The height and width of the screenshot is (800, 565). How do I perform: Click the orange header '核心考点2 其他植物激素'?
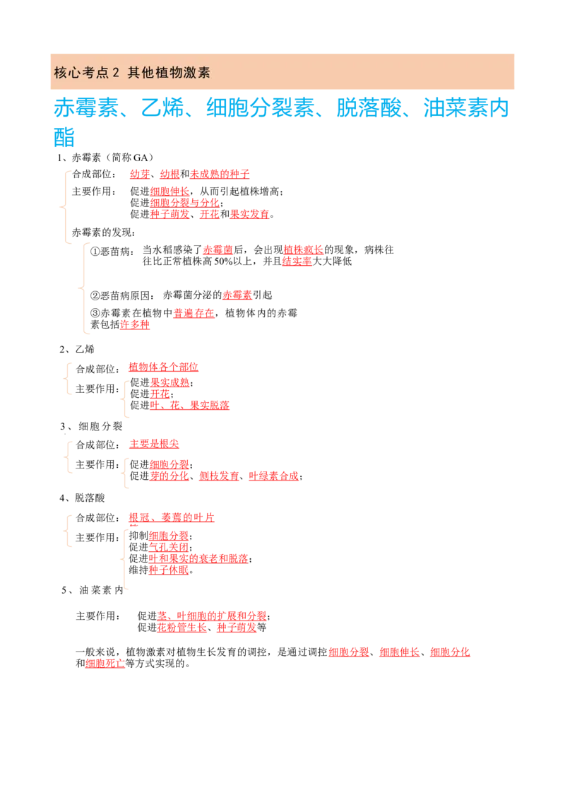tap(132, 73)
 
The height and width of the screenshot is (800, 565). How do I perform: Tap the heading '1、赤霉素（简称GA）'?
tap(105, 158)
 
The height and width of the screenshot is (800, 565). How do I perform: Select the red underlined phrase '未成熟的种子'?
tap(220, 175)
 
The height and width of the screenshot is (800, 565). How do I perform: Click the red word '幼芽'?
tap(140, 175)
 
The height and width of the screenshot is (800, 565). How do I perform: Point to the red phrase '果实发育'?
tap(250, 214)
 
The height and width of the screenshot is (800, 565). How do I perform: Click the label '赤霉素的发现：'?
tap(104, 233)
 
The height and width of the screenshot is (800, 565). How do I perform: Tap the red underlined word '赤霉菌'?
tap(218, 250)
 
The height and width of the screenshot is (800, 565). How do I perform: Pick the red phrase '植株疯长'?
tap(304, 250)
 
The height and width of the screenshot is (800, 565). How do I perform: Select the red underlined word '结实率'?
tap(297, 261)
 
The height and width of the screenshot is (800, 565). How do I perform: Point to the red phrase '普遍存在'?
tap(194, 313)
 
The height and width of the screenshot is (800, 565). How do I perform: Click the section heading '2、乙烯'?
tap(77, 350)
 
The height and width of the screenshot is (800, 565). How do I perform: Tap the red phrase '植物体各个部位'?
tap(163, 367)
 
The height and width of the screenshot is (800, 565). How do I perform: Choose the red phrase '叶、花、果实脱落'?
tap(190, 406)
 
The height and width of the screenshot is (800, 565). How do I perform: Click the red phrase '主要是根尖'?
tap(154, 444)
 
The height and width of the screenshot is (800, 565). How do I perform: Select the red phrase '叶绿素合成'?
tap(274, 476)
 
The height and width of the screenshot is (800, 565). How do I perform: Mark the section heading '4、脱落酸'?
tap(82, 498)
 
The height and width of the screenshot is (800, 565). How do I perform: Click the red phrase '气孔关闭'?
tap(169, 548)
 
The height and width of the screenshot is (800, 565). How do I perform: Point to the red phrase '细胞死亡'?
tap(105, 664)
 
